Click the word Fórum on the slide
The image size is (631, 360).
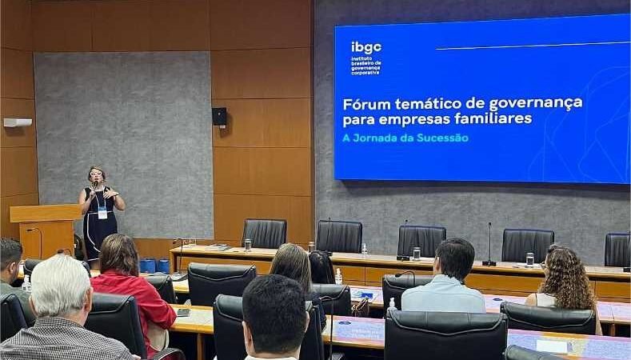[x=365, y=103]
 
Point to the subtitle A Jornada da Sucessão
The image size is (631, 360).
[x=405, y=138]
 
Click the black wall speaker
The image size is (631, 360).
[x=219, y=116]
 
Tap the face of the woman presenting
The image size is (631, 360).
[x=97, y=175]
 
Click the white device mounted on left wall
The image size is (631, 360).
[x=18, y=122]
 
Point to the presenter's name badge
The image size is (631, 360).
[x=102, y=213]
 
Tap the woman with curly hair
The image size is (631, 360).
[x=565, y=280]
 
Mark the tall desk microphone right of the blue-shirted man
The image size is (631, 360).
[x=489, y=244]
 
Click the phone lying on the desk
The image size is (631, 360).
[x=182, y=312]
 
